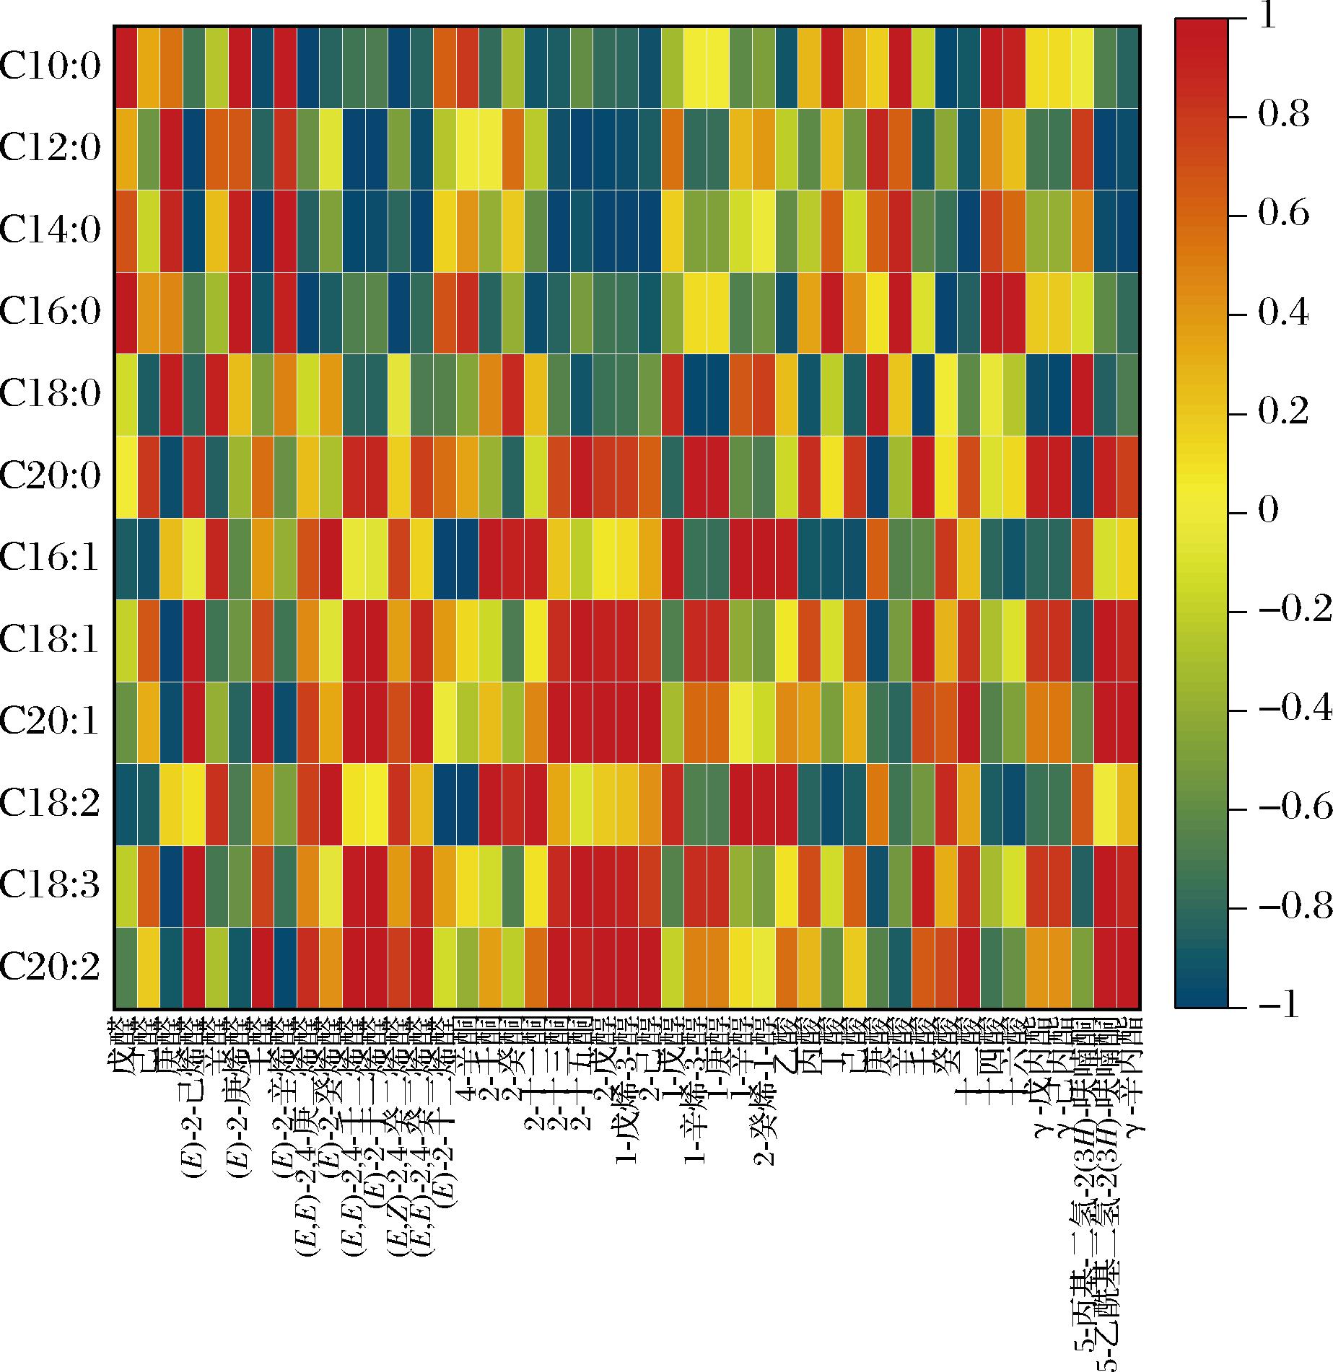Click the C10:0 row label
coord(51,67)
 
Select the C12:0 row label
coord(51,149)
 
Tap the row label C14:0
coord(51,231)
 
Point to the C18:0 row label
coord(51,395)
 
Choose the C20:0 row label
coord(51,477)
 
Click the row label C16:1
coord(51,558)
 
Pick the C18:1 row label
coord(51,641)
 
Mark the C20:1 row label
coord(51,722)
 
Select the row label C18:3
coord(51,886)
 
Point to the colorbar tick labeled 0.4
coord(1283,315)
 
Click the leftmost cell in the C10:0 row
coord(126,67)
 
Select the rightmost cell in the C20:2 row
coord(1129,968)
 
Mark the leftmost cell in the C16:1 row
coord(126,558)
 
